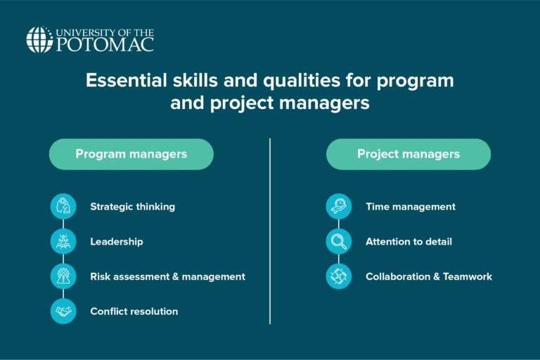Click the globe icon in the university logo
click(39, 39)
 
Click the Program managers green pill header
click(131, 154)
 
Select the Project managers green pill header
click(409, 154)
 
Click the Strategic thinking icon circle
click(63, 207)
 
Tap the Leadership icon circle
click(63, 241)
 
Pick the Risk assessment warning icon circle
click(63, 276)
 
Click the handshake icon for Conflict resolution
click(63, 311)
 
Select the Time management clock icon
click(339, 207)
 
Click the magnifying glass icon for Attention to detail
click(339, 241)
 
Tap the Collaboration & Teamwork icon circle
click(339, 276)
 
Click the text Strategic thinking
click(132, 207)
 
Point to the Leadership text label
click(117, 241)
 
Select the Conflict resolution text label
click(134, 311)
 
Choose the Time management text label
click(411, 207)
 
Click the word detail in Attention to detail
click(438, 241)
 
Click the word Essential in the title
click(121, 81)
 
